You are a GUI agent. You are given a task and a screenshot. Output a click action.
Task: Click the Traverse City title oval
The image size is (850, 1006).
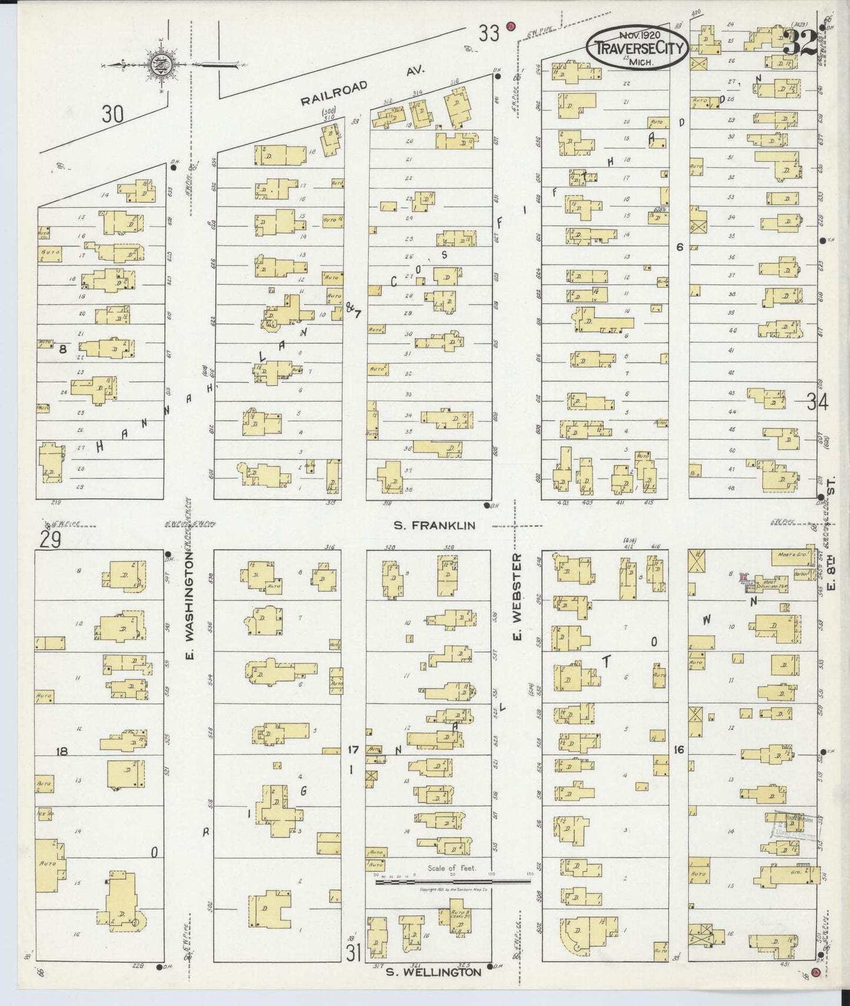point(637,48)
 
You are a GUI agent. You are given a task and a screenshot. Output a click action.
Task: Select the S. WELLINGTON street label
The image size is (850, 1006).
point(434,972)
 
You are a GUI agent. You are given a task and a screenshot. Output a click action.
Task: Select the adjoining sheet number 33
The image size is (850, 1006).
point(489,34)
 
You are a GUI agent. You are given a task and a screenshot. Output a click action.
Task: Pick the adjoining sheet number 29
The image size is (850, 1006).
point(51,539)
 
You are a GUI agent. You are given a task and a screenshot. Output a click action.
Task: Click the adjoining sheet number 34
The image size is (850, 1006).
point(817,402)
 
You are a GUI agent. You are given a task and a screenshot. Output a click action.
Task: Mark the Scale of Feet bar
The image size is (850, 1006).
point(452,881)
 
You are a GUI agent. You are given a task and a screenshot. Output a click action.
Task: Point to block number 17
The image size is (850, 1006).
point(353,749)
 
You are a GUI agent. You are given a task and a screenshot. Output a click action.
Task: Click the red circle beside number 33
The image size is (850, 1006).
point(511,26)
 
